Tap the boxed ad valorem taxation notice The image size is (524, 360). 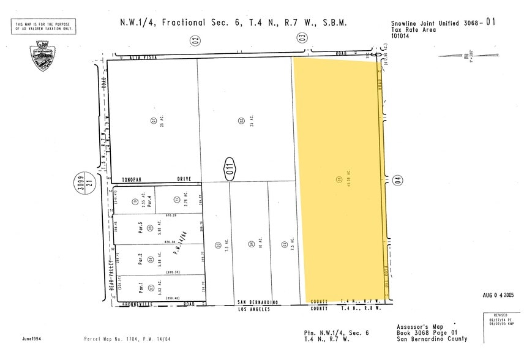click(x=42, y=26)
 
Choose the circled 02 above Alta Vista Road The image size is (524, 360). click(x=195, y=40)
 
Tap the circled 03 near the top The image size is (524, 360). click(x=302, y=38)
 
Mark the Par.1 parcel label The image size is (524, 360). click(x=141, y=286)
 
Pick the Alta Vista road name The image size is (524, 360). click(x=144, y=57)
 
